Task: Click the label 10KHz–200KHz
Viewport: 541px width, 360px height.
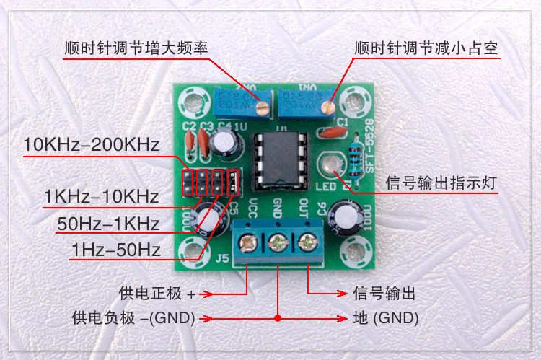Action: click(x=91, y=144)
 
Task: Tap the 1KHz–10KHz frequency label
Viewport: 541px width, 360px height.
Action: click(x=100, y=196)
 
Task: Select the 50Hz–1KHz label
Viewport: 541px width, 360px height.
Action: click(x=108, y=224)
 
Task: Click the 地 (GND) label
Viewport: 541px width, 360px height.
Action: click(x=386, y=318)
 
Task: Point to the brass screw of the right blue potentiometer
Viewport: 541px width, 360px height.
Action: click(x=329, y=108)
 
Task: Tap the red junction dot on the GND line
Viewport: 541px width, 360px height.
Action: click(x=278, y=318)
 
